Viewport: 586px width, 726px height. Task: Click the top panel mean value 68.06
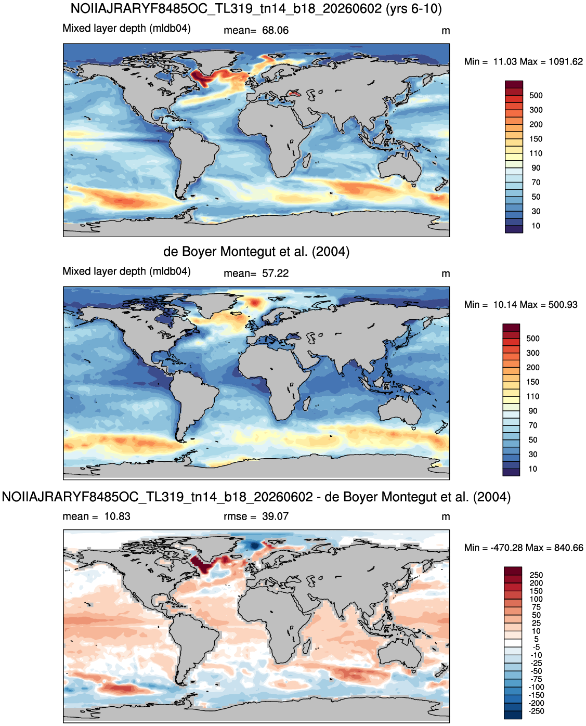click(275, 30)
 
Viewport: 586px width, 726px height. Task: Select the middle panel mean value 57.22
click(275, 274)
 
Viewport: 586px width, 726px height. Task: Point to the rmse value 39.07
click(275, 516)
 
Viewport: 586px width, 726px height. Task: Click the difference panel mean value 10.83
click(117, 516)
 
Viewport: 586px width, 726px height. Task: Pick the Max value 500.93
click(563, 305)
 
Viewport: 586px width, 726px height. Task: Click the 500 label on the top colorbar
click(536, 96)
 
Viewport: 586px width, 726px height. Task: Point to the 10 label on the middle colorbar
click(532, 469)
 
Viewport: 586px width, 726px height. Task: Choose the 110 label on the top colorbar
click(536, 153)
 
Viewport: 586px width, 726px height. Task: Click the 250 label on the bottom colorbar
click(536, 575)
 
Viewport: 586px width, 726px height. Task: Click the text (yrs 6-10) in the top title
click(413, 8)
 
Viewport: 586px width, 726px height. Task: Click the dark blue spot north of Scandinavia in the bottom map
click(254, 546)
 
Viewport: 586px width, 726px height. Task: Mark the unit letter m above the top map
click(446, 31)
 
